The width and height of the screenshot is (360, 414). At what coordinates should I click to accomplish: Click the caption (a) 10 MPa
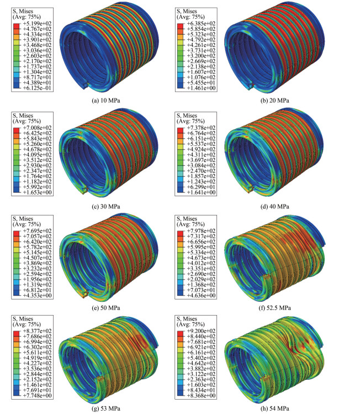coord(106,101)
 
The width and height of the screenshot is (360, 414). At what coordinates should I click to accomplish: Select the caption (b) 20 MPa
coord(274,101)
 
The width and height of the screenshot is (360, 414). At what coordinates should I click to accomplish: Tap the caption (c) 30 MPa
coord(106,207)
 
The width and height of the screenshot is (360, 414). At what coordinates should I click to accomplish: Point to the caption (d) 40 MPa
coord(274,207)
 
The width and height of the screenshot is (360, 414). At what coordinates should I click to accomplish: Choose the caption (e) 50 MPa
coord(106,308)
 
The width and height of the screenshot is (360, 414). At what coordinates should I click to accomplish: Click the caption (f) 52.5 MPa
coord(274,308)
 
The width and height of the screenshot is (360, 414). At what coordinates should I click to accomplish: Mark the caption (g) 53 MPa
coord(106,408)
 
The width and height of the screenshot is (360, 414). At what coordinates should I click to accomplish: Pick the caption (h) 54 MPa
coord(274,408)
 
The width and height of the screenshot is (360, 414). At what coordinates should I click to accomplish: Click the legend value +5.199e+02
coord(37,24)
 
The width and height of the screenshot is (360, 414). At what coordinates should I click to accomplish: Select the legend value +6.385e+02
coord(201,24)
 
